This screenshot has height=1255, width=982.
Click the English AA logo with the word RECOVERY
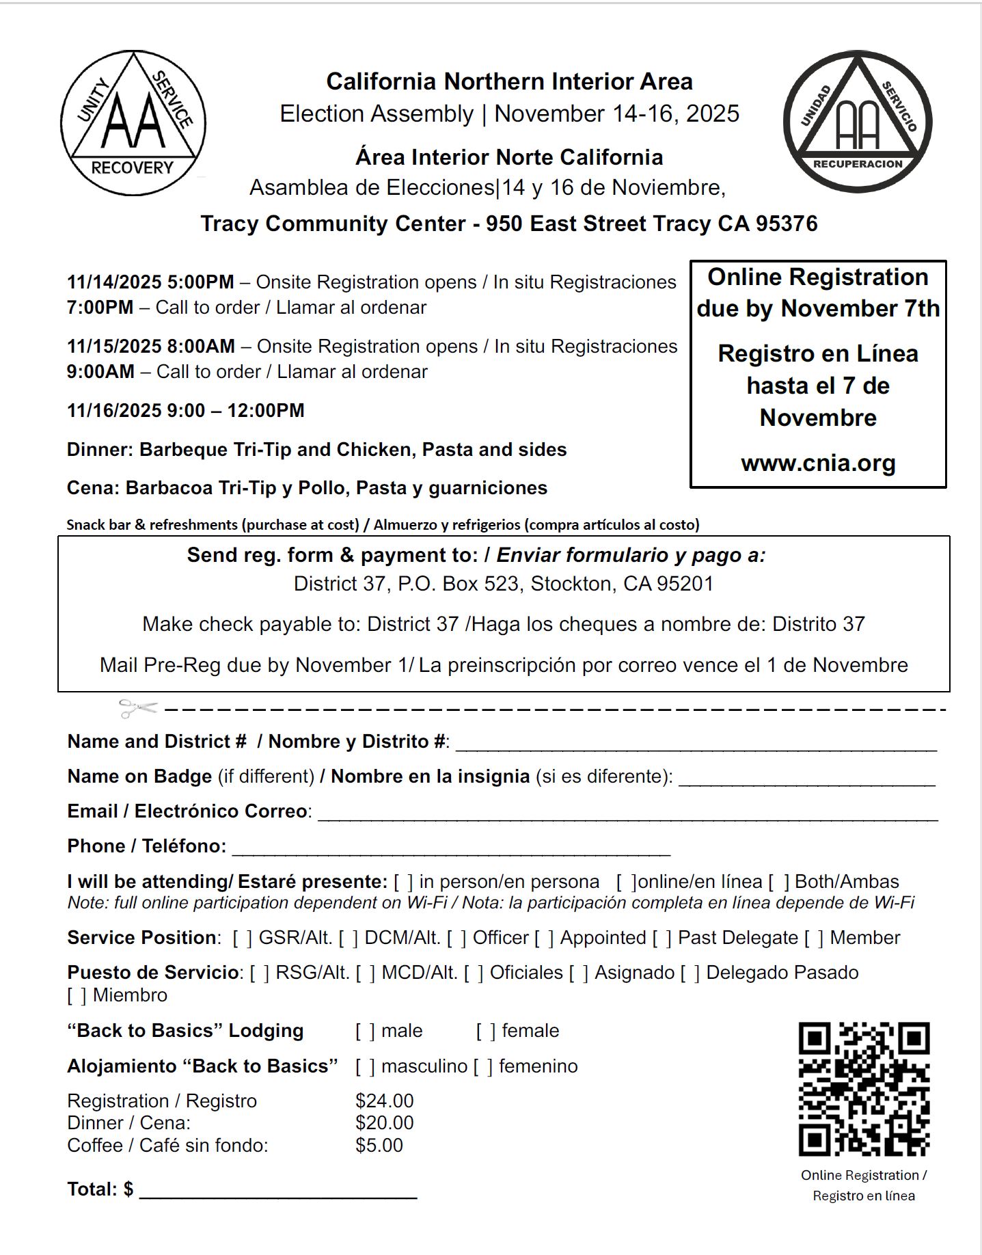pyautogui.click(x=133, y=123)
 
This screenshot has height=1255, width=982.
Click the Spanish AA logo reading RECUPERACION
pyautogui.click(x=858, y=122)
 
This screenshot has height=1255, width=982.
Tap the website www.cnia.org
pyautogui.click(x=818, y=463)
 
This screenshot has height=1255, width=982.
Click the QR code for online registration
pyautogui.click(x=864, y=1088)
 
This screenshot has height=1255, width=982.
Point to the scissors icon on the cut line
pyautogui.click(x=137, y=708)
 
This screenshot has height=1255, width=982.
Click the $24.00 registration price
pyautogui.click(x=385, y=1101)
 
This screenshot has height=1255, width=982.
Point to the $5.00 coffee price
pyautogui.click(x=379, y=1145)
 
